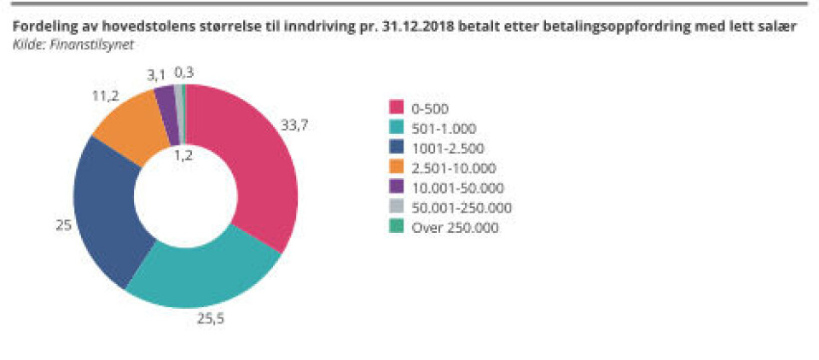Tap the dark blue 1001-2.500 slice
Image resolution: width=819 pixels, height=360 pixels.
point(107,213)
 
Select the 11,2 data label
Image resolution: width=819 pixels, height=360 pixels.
point(105,96)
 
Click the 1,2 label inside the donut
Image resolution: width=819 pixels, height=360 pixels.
point(183,154)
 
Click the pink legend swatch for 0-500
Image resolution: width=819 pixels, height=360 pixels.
point(397,107)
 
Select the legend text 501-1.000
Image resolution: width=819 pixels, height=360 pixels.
point(442,128)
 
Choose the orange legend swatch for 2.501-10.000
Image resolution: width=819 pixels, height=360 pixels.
point(397,168)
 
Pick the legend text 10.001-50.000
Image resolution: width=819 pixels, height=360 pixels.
point(456,188)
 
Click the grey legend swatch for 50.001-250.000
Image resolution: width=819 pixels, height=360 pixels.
point(397,207)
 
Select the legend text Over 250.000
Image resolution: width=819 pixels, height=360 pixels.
point(455,228)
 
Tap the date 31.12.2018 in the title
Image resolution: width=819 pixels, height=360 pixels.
point(415,26)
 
